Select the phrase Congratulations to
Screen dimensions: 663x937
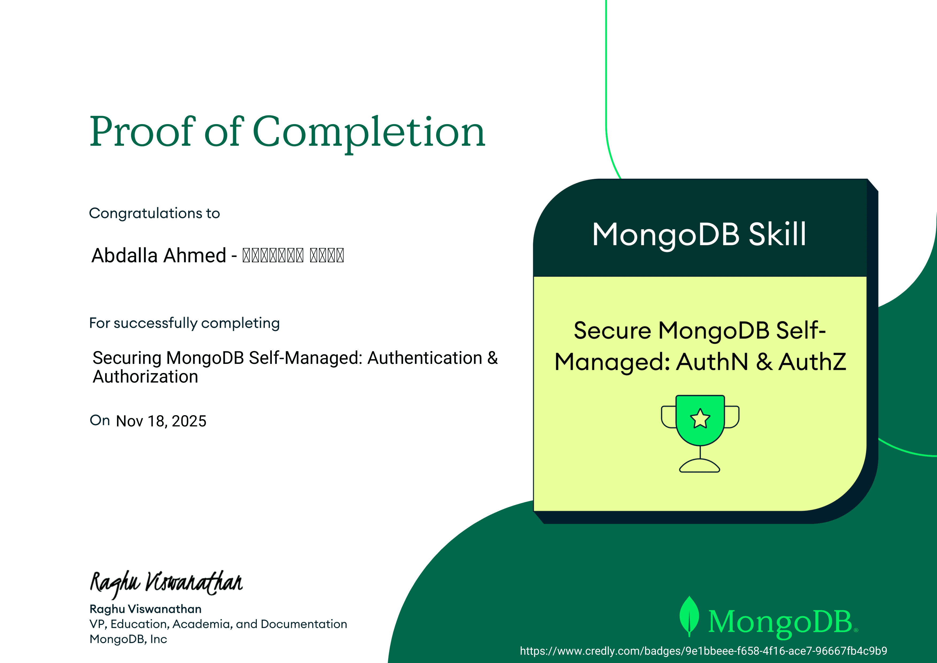(154, 213)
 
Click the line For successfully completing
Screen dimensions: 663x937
(184, 323)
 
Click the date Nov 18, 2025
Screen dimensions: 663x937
(161, 421)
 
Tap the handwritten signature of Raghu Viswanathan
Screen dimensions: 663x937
(166, 583)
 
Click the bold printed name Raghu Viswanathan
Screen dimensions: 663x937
(145, 609)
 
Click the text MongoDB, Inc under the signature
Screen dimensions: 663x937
(128, 639)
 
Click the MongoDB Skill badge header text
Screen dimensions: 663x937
(699, 234)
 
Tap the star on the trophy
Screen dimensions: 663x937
(700, 418)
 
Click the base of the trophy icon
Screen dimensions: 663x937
(699, 466)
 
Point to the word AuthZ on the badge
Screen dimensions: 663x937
(812, 362)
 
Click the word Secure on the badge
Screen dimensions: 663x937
(612, 330)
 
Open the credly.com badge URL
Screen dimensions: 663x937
(703, 651)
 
